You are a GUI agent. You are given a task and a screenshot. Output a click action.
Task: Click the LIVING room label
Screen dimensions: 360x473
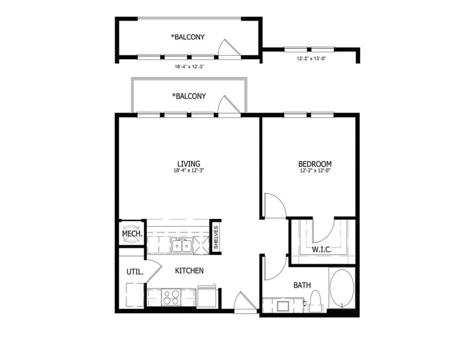(189, 164)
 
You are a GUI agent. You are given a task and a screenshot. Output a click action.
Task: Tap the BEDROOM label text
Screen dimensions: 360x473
(315, 164)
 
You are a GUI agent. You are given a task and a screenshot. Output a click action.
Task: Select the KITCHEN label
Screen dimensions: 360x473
(189, 270)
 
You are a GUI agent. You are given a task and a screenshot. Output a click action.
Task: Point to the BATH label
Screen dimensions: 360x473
(302, 285)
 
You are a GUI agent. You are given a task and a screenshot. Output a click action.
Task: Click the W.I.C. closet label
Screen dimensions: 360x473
(321, 250)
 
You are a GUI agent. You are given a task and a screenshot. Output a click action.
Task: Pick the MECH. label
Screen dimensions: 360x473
(132, 234)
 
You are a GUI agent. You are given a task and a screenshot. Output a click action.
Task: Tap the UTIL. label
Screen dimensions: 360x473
(134, 271)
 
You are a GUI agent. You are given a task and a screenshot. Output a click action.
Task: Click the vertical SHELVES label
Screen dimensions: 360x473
(216, 237)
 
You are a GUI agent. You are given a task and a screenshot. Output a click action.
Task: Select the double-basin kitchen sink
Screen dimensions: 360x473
(181, 246)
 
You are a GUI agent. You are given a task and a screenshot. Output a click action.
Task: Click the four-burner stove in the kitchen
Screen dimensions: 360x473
(171, 296)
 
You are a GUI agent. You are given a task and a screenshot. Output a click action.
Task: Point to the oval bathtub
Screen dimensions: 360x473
(342, 289)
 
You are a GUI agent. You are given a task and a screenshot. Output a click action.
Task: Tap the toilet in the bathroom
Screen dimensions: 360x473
(316, 300)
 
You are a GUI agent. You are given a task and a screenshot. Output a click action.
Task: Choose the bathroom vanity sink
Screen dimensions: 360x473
(283, 305)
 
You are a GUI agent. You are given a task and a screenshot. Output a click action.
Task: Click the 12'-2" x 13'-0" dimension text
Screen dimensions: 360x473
(311, 59)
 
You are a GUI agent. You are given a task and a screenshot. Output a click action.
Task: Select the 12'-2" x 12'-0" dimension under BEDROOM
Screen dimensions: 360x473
(315, 171)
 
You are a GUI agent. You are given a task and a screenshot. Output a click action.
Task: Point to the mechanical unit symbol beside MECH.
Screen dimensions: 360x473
(132, 227)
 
